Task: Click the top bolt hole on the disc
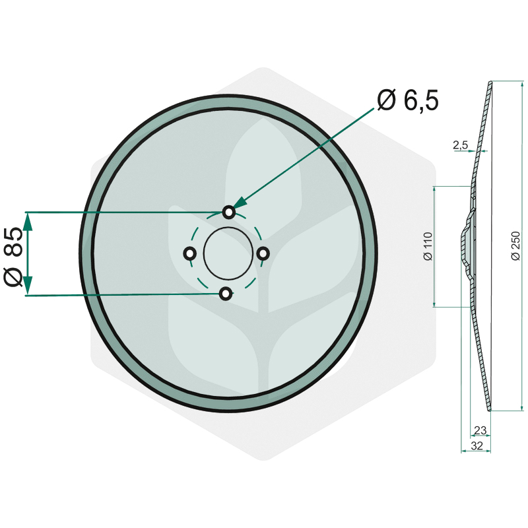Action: pyautogui.click(x=229, y=212)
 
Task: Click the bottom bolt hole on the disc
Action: pyautogui.click(x=226, y=294)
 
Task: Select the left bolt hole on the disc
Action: pyautogui.click(x=190, y=253)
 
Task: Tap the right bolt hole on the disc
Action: pyautogui.click(x=263, y=253)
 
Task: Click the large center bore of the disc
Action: pyautogui.click(x=228, y=253)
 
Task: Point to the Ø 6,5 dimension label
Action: pyautogui.click(x=408, y=100)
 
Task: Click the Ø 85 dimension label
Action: pyautogui.click(x=13, y=257)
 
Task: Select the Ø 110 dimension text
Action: pyautogui.click(x=428, y=246)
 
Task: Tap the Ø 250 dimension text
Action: pyautogui.click(x=515, y=246)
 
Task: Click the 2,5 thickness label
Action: pyautogui.click(x=460, y=145)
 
